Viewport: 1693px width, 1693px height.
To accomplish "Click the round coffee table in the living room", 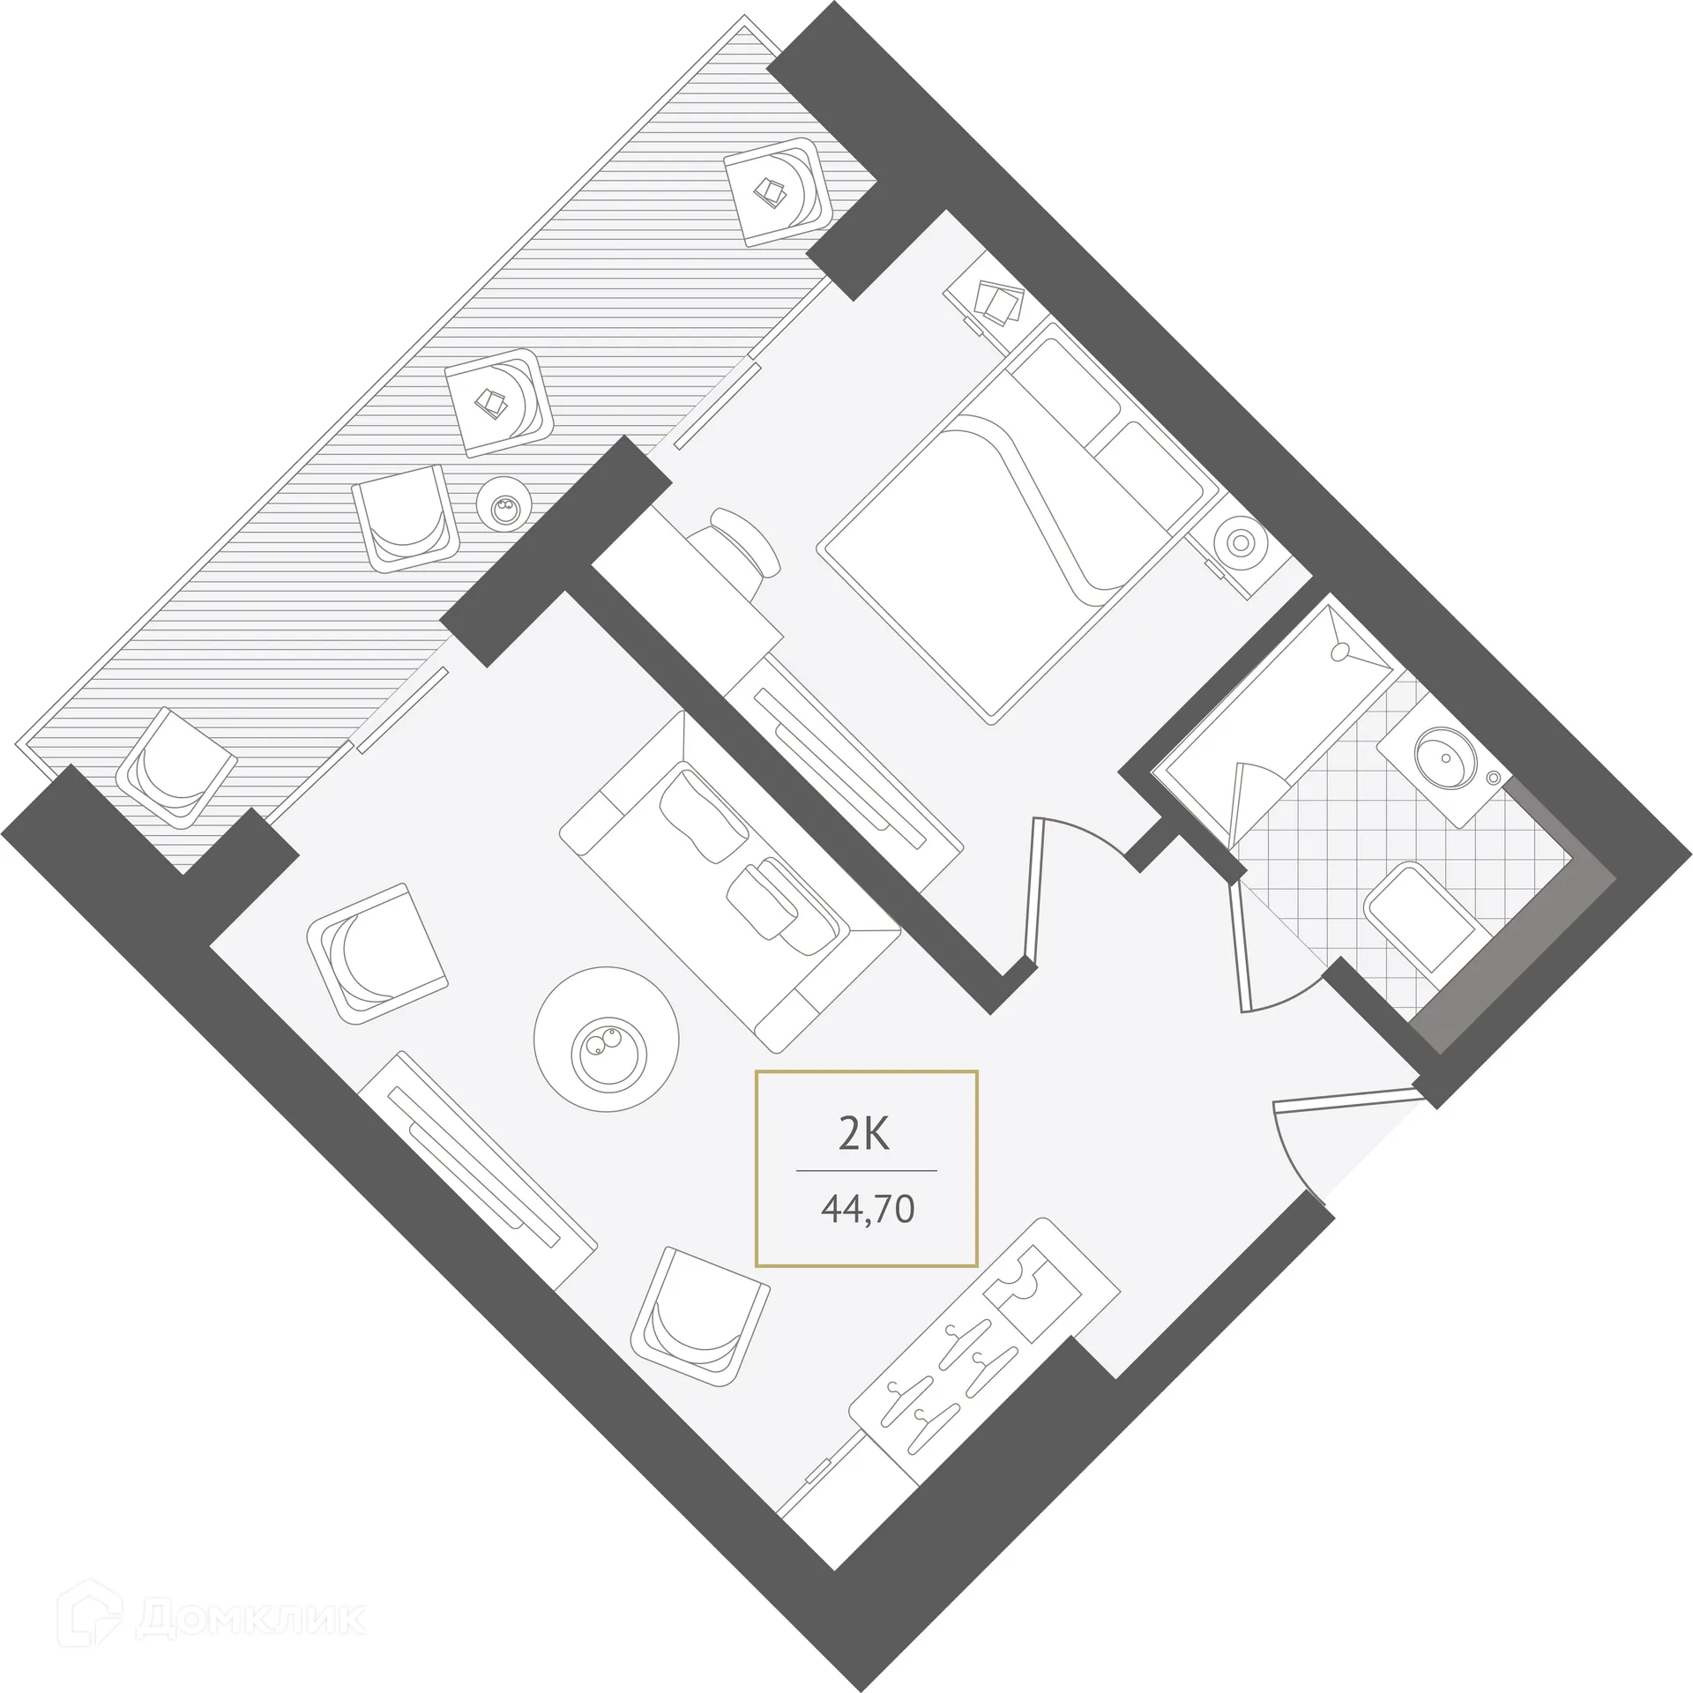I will pyautogui.click(x=607, y=1040).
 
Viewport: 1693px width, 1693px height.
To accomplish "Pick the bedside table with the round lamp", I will pyautogui.click(x=1239, y=543).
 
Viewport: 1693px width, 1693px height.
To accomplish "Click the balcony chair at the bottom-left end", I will pyautogui.click(x=176, y=767).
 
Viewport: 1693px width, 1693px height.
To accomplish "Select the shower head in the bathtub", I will pyautogui.click(x=1342, y=650).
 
